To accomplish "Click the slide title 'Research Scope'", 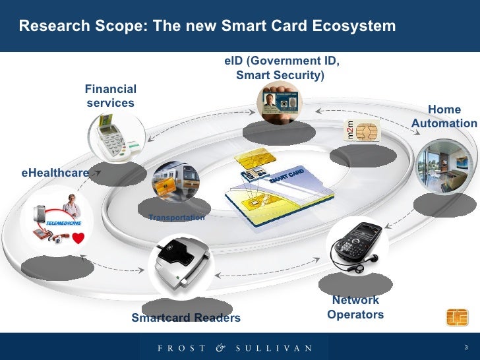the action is pyautogui.click(x=207, y=26).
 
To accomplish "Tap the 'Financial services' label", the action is pyautogui.click(x=111, y=96).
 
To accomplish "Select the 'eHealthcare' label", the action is pyautogui.click(x=55, y=173).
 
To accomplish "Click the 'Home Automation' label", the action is pyautogui.click(x=444, y=117).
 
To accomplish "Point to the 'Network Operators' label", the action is pyautogui.click(x=355, y=308).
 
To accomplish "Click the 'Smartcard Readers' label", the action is pyautogui.click(x=186, y=318).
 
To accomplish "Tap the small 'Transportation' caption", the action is pyautogui.click(x=177, y=217).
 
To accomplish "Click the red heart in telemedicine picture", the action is pyautogui.click(x=79, y=241).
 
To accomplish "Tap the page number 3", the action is pyautogui.click(x=466, y=347).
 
